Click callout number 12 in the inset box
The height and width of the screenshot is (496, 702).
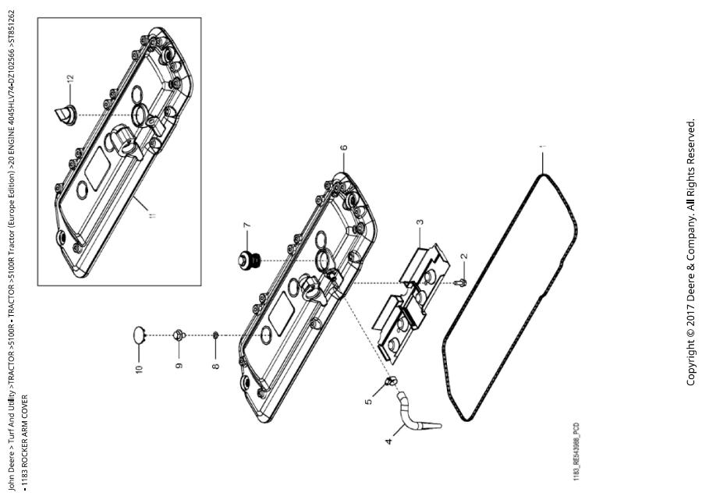(70, 79)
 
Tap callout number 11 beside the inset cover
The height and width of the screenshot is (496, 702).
(154, 215)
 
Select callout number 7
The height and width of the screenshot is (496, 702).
(246, 225)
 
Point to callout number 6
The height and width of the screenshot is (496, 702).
(344, 147)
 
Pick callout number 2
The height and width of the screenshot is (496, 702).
(464, 257)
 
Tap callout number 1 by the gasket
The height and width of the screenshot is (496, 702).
(543, 147)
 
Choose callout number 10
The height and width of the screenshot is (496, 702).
(139, 369)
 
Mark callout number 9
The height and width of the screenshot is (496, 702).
(179, 366)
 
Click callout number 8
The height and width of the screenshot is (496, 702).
(216, 367)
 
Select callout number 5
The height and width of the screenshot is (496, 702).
(368, 401)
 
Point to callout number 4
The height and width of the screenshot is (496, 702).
(388, 441)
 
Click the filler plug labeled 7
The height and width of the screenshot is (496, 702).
(247, 260)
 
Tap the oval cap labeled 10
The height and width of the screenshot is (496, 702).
(140, 335)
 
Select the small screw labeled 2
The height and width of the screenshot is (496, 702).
(461, 283)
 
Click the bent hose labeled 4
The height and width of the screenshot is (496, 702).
(414, 412)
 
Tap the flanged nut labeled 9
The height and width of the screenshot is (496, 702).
(179, 335)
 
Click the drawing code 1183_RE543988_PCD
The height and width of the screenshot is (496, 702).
(576, 452)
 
